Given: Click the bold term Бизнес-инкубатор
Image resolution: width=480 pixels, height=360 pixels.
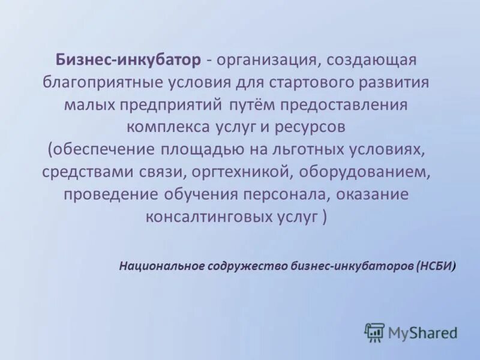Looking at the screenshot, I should click(128, 60).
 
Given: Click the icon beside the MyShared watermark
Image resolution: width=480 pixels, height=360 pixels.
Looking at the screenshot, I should click(374, 332).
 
